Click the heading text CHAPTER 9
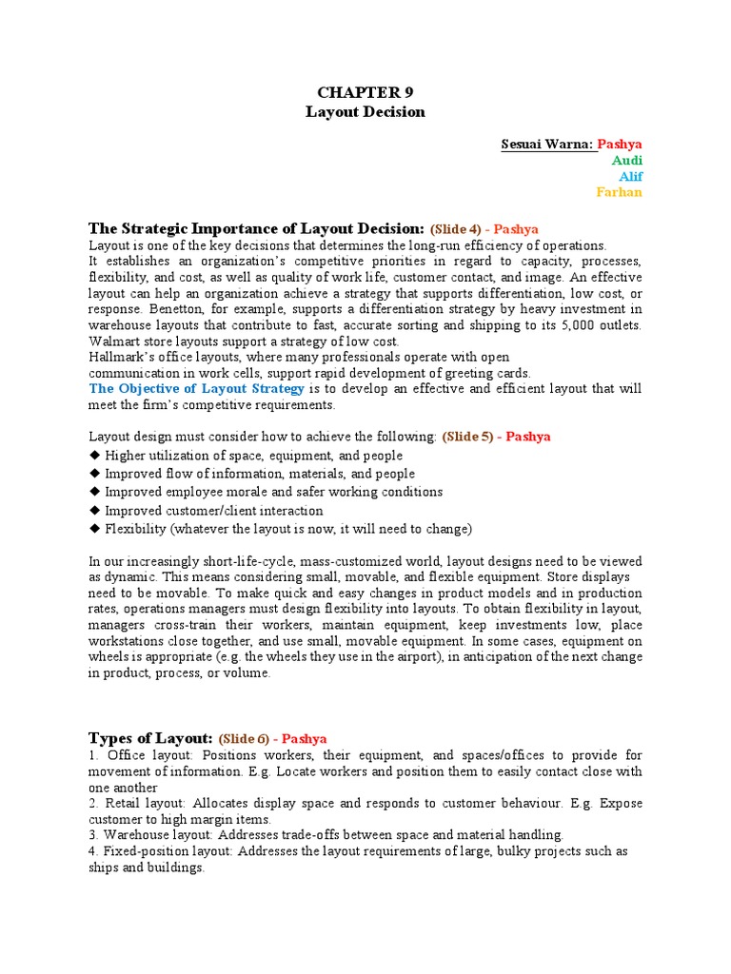365,91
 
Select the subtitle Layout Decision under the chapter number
365,112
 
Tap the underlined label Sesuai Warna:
547,145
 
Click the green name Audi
626,161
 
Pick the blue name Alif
630,177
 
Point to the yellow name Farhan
619,192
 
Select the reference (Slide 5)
473,437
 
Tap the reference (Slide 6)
249,739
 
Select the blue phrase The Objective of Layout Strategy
197,389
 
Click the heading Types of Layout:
150,738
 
